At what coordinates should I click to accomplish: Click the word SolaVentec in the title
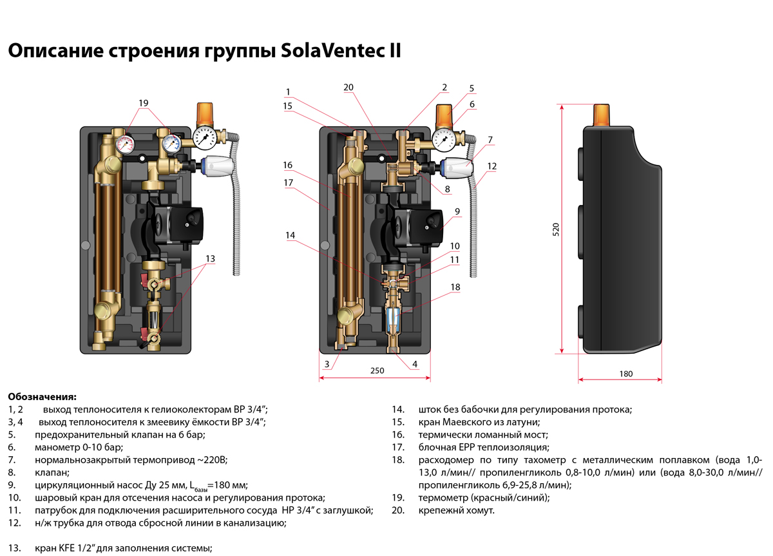click(x=330, y=51)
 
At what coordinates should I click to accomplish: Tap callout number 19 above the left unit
click(x=143, y=103)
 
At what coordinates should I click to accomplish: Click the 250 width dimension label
click(x=377, y=370)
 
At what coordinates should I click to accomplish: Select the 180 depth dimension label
click(x=625, y=374)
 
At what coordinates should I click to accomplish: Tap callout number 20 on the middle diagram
click(x=348, y=88)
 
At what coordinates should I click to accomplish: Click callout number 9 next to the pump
click(x=456, y=210)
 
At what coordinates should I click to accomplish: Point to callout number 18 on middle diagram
click(x=455, y=287)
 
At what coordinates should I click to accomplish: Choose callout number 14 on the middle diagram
click(x=291, y=236)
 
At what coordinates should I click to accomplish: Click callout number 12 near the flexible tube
click(x=492, y=166)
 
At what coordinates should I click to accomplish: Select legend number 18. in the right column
click(x=398, y=460)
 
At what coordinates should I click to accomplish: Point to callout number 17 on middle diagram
click(x=288, y=183)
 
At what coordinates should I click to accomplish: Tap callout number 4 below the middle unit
click(x=415, y=364)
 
